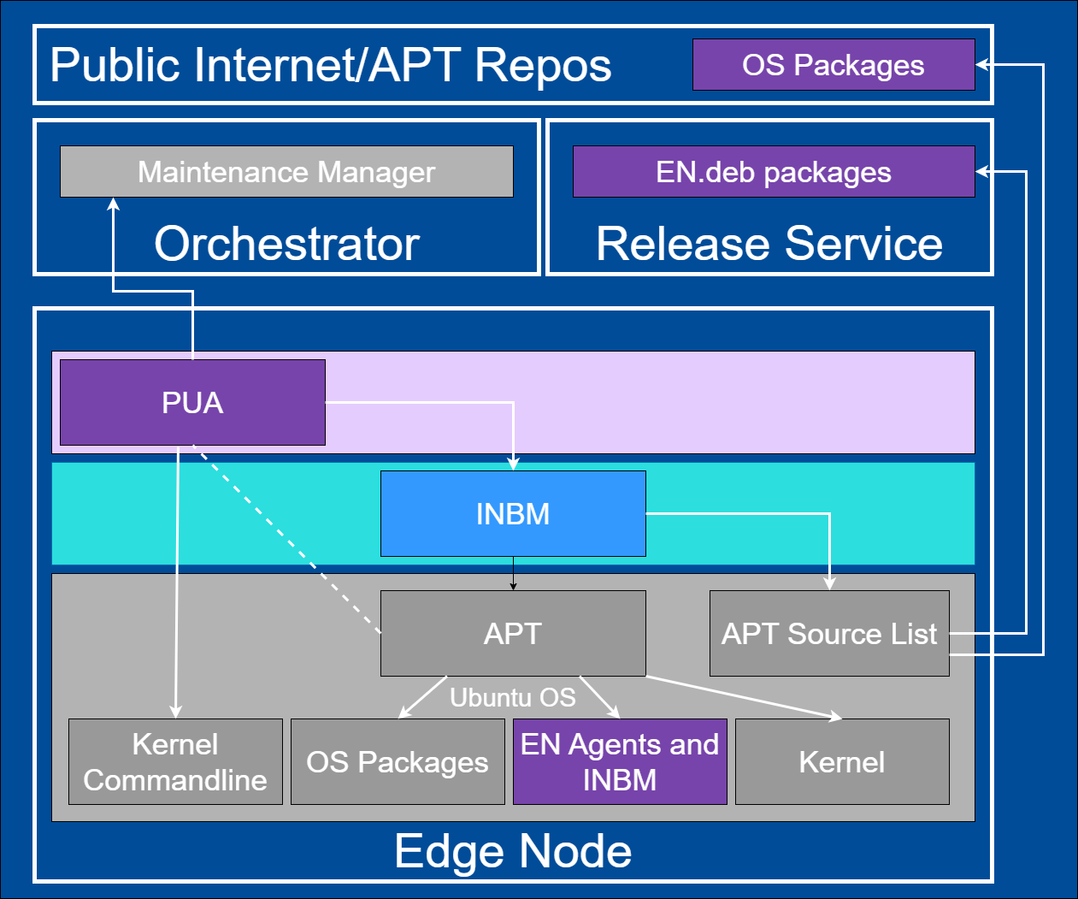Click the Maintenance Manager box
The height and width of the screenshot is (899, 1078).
tap(286, 171)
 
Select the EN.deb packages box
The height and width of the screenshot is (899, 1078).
tap(773, 171)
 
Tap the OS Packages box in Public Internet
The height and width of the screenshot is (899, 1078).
tap(833, 64)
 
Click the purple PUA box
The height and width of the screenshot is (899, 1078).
tap(192, 402)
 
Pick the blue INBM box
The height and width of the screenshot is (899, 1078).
tap(513, 513)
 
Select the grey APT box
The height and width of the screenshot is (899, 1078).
tap(513, 633)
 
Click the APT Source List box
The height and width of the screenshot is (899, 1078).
tap(828, 633)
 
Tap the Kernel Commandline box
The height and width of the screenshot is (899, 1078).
tap(175, 761)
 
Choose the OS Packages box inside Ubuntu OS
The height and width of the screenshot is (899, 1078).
tap(398, 761)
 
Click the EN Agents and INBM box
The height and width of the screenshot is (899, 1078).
tap(620, 761)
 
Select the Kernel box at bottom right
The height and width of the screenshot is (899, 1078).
tap(842, 761)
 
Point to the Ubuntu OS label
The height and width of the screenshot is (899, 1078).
tap(513, 697)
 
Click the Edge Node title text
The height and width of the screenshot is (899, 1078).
tap(513, 851)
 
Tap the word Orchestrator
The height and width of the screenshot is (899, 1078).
tap(286, 244)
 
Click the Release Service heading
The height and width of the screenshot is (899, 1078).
tap(769, 244)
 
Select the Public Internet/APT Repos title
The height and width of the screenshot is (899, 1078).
tap(331, 65)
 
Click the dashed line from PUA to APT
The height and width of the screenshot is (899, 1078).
tap(286, 539)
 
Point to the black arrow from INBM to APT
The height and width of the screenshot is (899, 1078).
tap(513, 573)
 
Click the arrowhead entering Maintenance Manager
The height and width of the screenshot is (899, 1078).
tap(113, 204)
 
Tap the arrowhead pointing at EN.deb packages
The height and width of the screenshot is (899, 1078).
tap(982, 171)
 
